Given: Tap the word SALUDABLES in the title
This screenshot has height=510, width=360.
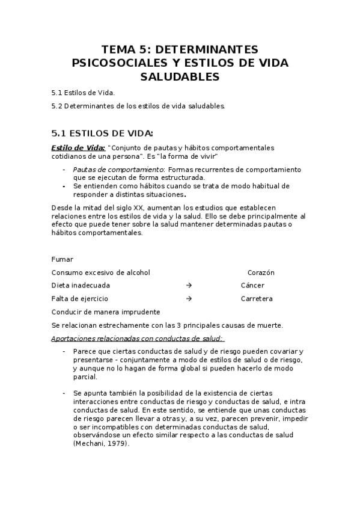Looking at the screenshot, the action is [x=180, y=77].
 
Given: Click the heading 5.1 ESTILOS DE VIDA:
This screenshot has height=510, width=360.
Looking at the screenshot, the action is [x=102, y=133].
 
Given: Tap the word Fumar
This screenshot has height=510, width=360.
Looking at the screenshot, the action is [x=63, y=259].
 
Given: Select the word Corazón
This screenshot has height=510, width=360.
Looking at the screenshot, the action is [x=261, y=272].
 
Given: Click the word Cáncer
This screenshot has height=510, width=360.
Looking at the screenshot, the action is [x=252, y=286].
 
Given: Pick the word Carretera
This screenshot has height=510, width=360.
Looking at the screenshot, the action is [x=257, y=299].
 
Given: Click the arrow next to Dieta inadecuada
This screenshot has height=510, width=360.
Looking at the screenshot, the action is [x=189, y=286].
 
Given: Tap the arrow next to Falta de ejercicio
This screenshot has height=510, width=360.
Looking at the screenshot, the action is [x=189, y=299].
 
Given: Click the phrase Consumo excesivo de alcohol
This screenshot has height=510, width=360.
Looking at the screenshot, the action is [x=101, y=272].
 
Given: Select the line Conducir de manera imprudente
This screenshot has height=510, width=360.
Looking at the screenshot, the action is [x=106, y=312].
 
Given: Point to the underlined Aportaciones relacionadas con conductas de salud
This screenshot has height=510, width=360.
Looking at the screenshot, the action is [x=137, y=339].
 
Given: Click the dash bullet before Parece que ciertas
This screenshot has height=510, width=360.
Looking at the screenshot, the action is [x=64, y=351].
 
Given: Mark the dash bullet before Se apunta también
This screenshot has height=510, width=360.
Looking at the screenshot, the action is [x=64, y=393].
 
